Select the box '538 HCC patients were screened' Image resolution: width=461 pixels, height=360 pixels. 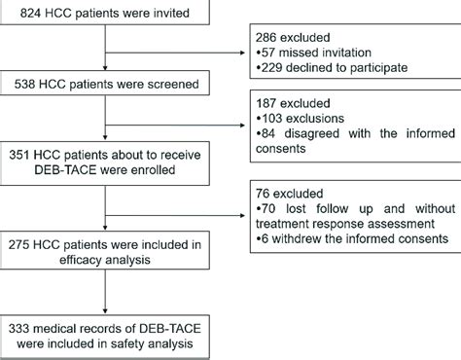106,84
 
